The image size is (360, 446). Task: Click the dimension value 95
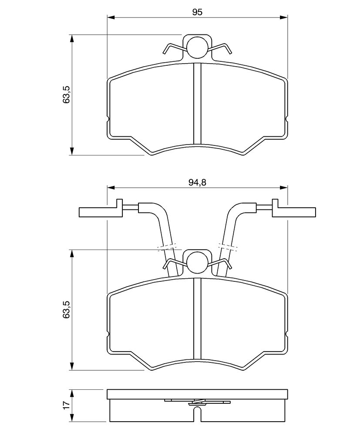pos(197,12)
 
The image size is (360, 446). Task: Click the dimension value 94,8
pos(197,182)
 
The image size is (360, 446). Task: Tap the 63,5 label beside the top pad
pos(67,95)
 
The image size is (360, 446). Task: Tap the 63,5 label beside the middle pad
pos(67,310)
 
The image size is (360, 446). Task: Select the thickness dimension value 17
pos(67,405)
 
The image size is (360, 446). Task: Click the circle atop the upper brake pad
pos(197,46)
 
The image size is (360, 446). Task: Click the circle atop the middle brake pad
pos(197,261)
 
